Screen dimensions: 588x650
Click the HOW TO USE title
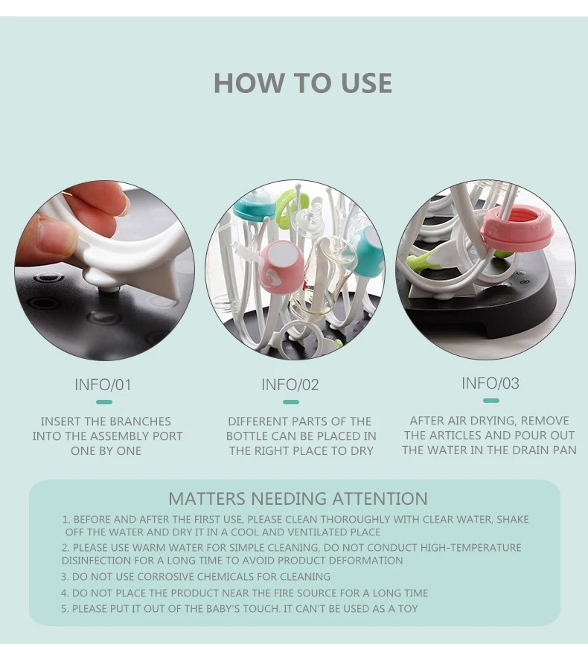coord(302,83)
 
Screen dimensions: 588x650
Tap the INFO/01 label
coord(103,385)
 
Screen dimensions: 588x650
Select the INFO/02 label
coord(290,385)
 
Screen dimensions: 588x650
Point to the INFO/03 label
coord(490,383)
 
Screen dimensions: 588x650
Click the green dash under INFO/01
coord(104,402)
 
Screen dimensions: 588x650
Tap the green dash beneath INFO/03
coord(491,400)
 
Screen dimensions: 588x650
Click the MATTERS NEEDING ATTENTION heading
coord(298,498)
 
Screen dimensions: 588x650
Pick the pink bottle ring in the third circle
coord(518,228)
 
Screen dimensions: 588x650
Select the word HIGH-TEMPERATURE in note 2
coord(470,547)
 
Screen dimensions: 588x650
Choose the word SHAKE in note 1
coord(512,520)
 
